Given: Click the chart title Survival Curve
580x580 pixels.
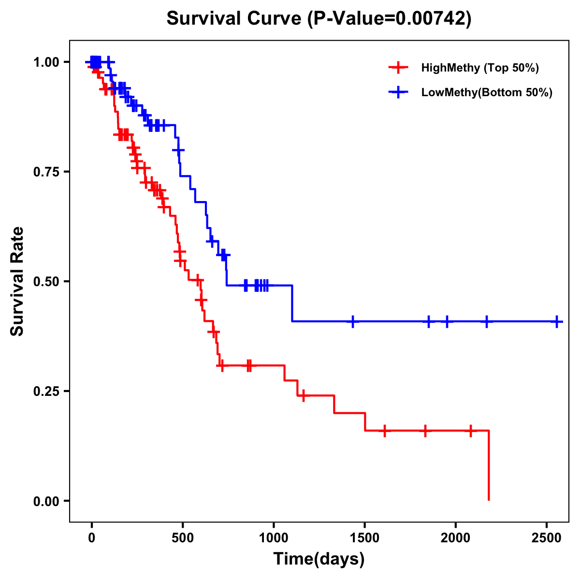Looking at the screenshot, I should click(319, 18).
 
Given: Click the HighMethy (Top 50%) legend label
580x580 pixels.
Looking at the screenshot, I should click(480, 68).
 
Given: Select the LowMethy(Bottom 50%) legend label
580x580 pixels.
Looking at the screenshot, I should click(487, 93).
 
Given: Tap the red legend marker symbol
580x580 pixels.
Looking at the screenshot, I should click(397, 68).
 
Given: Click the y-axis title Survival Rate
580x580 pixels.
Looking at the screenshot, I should click(17, 281).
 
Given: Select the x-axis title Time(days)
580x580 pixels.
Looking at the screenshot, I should click(319, 559).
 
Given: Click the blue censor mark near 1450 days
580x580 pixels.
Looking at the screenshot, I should click(353, 321).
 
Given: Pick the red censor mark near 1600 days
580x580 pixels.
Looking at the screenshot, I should click(385, 430).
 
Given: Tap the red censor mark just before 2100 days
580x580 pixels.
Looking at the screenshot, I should click(471, 430).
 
